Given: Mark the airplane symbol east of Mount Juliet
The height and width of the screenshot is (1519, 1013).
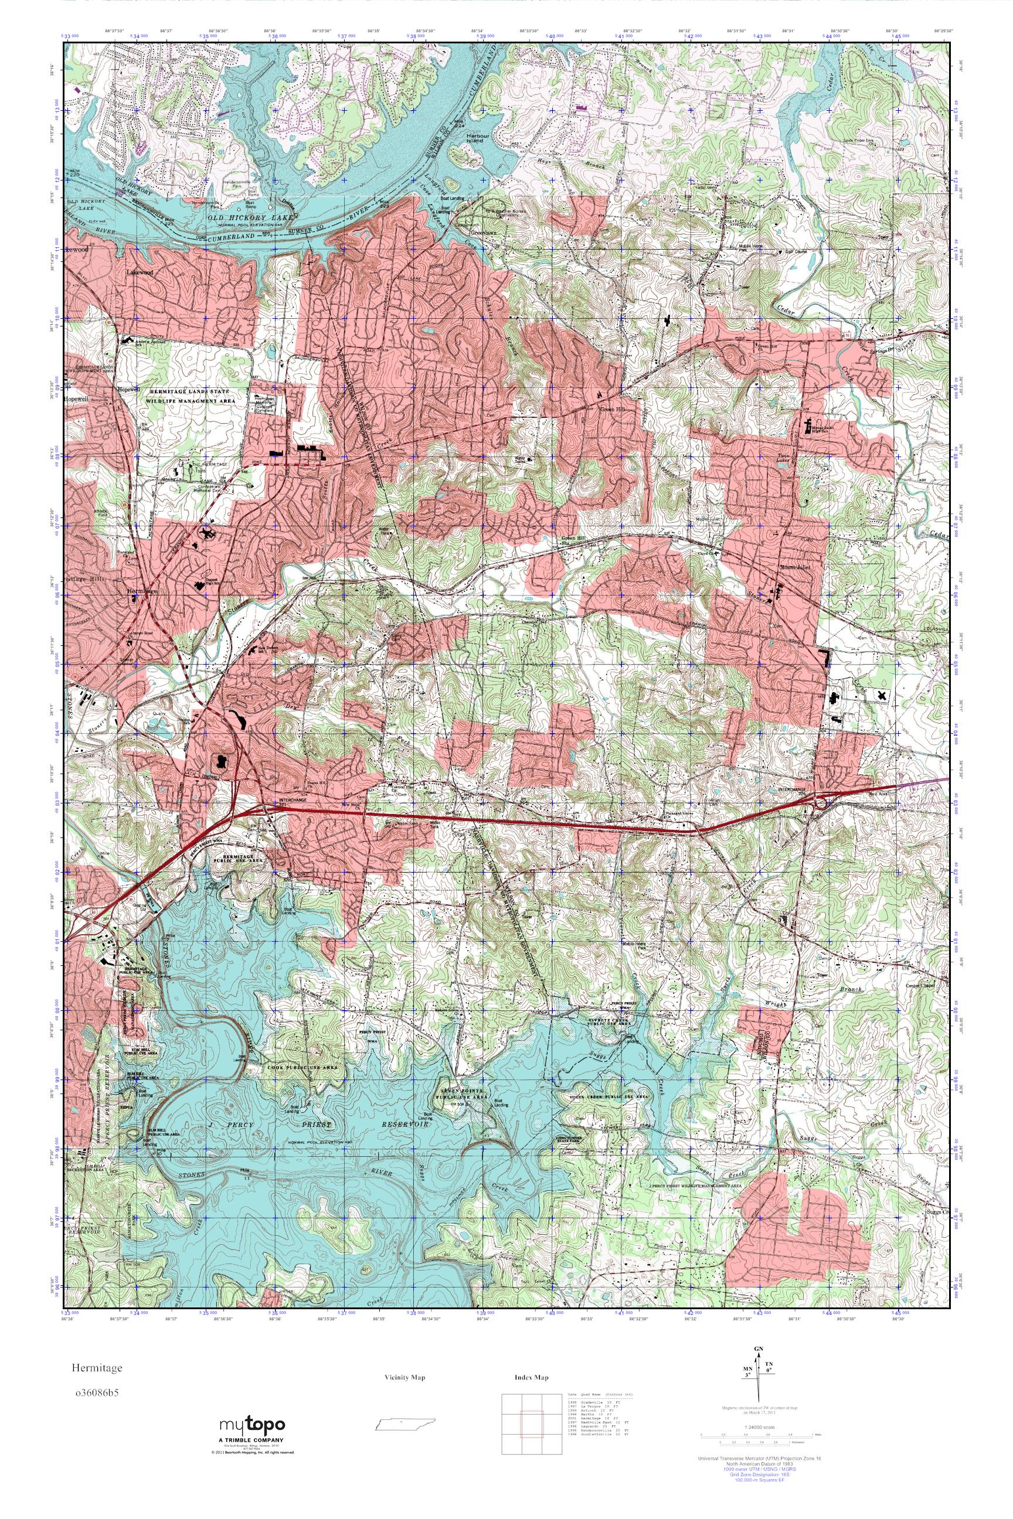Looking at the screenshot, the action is pyautogui.click(x=882, y=695).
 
